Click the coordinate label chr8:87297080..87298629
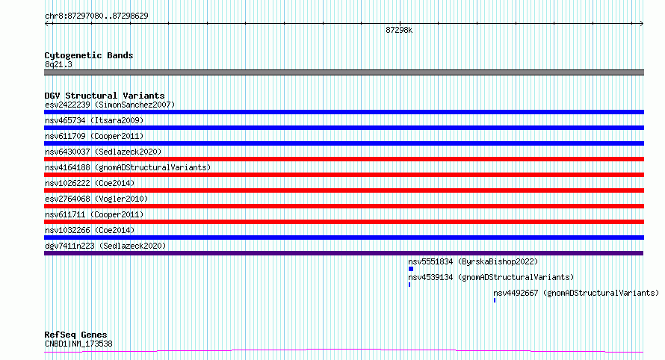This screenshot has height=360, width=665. (x=96, y=16)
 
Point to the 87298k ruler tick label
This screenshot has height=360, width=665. (x=399, y=30)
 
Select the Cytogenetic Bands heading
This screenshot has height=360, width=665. (x=89, y=55)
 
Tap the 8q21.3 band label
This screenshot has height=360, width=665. (x=58, y=64)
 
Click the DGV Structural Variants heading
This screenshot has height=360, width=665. (x=105, y=96)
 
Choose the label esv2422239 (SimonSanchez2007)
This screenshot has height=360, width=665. (x=110, y=105)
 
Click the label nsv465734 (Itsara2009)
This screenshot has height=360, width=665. (x=94, y=120)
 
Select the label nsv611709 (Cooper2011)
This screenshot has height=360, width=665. (x=94, y=136)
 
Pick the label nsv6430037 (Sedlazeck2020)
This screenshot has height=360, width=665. (x=103, y=152)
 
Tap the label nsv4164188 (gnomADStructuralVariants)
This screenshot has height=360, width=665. (x=128, y=167)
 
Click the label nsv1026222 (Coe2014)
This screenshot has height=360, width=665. (x=90, y=183)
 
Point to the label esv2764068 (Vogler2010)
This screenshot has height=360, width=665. (x=96, y=199)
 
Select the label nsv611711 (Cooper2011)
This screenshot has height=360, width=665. (x=94, y=214)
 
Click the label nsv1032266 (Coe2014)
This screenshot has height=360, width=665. (x=90, y=230)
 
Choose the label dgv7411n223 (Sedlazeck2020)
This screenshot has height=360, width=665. (x=105, y=246)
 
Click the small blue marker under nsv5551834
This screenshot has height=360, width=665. (x=410, y=269)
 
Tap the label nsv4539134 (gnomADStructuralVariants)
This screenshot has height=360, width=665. (x=491, y=277)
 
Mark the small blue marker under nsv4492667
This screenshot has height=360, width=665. (x=495, y=300)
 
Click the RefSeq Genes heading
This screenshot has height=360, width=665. (x=75, y=335)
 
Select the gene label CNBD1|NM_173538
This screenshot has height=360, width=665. (x=78, y=344)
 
